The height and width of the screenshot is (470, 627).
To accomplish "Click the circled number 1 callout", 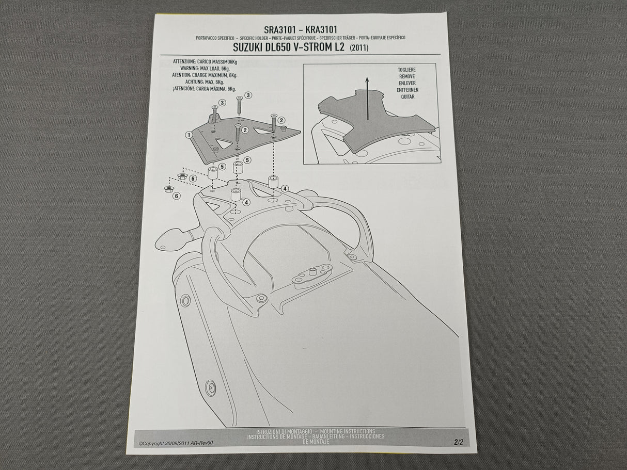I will click(x=189, y=135).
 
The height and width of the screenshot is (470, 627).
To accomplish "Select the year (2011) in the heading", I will click(x=359, y=48).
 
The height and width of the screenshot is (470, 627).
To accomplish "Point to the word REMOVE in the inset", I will click(x=406, y=76).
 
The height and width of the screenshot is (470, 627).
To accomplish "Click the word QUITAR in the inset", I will click(x=406, y=96).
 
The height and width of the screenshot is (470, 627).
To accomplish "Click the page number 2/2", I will click(x=459, y=442).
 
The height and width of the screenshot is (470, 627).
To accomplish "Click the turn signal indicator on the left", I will click(x=170, y=239).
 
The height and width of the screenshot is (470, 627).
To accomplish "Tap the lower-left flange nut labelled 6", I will click(x=168, y=189).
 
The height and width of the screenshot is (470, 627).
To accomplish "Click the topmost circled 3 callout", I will click(x=248, y=95).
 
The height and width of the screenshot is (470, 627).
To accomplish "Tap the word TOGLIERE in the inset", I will click(x=406, y=70).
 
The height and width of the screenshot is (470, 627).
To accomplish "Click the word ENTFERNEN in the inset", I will click(x=407, y=90).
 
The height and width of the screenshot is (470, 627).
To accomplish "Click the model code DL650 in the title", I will click(x=283, y=48).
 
